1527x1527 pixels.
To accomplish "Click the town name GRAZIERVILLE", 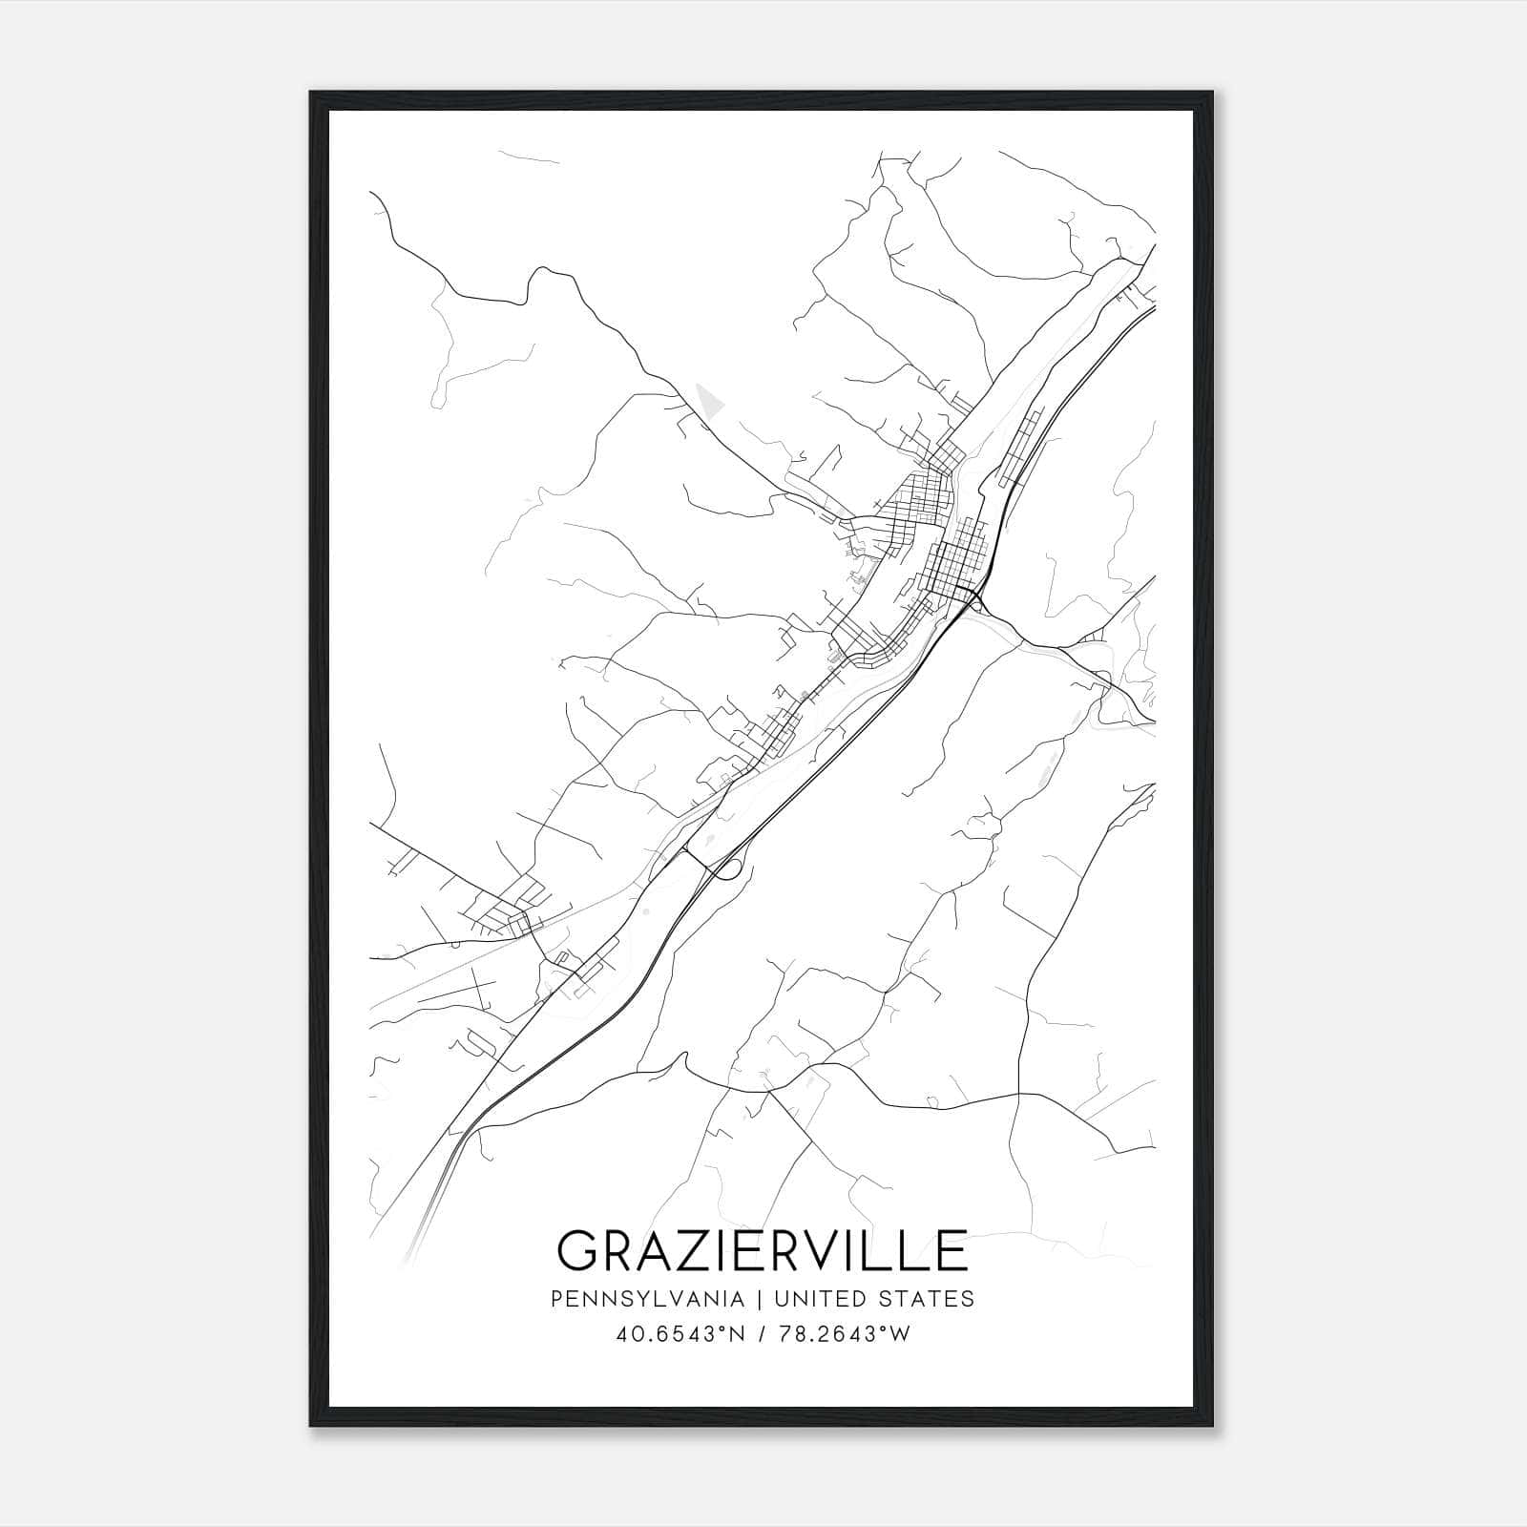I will (x=763, y=1251).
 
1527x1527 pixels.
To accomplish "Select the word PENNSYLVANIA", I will (x=648, y=1299).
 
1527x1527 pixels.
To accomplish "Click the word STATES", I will (x=925, y=1299).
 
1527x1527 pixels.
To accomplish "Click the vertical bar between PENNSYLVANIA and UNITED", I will (x=760, y=1299).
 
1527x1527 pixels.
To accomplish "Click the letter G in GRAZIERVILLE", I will (x=579, y=1251).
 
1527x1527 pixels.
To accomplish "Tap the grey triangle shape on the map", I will (x=708, y=400).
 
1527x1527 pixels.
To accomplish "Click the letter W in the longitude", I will (x=899, y=1334).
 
